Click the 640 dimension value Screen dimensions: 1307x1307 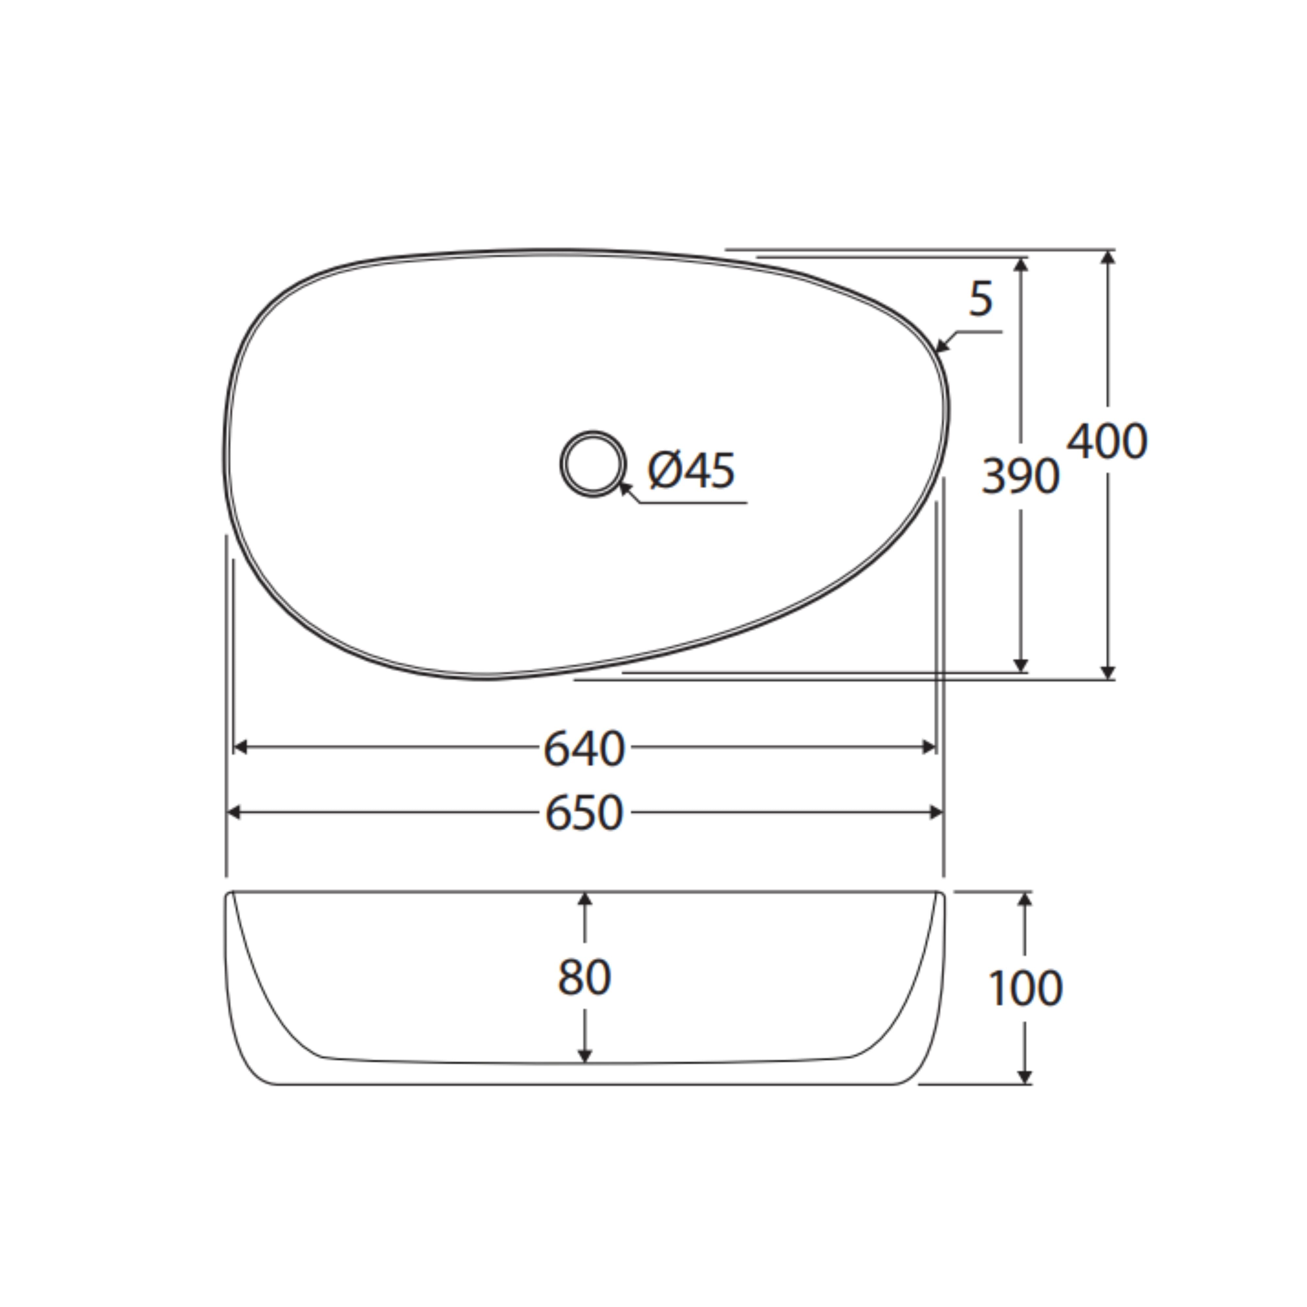pos(585,748)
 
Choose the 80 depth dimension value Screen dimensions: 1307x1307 pos(585,977)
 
